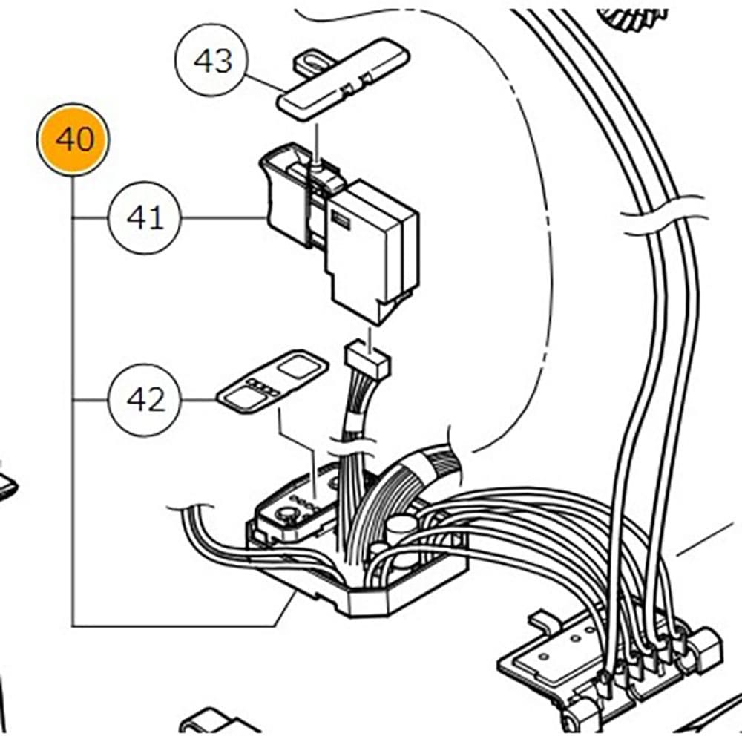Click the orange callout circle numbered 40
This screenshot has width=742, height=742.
click(73, 139)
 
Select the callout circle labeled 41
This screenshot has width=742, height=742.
click(145, 218)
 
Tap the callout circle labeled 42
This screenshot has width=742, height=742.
click(146, 401)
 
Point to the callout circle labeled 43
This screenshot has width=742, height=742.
click(212, 61)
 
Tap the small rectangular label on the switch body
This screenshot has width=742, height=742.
click(342, 217)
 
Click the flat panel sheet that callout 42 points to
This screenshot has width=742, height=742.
click(271, 380)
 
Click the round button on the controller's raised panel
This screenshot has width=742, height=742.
click(283, 513)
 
